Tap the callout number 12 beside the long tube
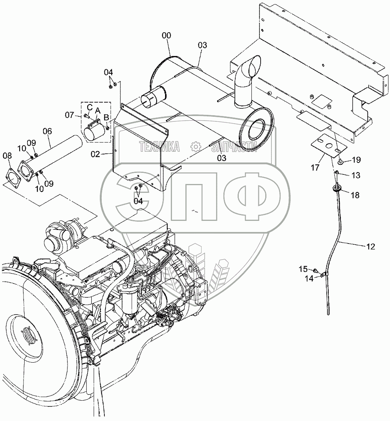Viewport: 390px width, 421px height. click(370, 247)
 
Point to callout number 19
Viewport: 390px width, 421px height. click(355, 159)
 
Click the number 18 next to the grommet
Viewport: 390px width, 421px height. click(355, 195)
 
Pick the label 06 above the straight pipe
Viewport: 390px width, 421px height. click(47, 131)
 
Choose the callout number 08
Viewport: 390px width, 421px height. click(7, 156)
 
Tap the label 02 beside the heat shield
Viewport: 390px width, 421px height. click(95, 154)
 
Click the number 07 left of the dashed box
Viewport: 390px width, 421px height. click(69, 114)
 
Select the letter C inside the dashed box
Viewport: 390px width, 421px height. click(89, 106)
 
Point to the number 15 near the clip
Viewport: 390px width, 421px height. click(303, 269)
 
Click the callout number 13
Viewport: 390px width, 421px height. click(356, 175)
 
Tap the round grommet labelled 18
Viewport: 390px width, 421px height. click(337, 188)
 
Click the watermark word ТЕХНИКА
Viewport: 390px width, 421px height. click(159, 146)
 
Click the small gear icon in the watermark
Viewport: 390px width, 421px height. click(195, 146)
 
